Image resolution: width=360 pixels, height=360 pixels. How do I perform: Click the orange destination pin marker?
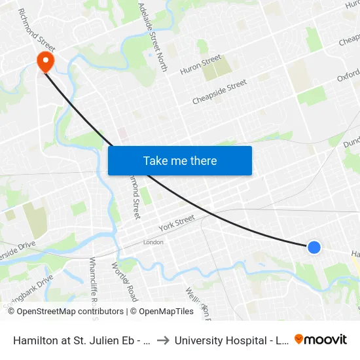(x=46, y=62)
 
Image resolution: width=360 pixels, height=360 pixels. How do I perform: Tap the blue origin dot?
(x=314, y=247)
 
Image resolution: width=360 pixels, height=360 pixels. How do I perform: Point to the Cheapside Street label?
(x=219, y=92)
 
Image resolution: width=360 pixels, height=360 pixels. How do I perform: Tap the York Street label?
(x=177, y=223)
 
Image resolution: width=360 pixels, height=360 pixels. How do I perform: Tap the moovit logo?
(x=321, y=339)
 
